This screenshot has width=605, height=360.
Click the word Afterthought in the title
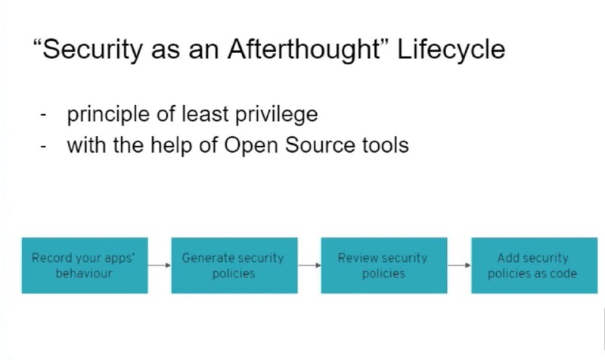click(x=304, y=50)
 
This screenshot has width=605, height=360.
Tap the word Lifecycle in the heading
click(x=451, y=50)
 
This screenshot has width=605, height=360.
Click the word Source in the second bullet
click(x=319, y=145)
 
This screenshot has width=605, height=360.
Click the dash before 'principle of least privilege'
click(x=43, y=115)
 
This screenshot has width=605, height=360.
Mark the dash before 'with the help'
click(x=43, y=146)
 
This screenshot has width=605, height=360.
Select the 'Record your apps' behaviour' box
click(x=85, y=265)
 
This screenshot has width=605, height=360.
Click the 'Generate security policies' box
click(x=234, y=265)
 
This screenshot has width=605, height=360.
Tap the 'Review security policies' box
click(x=384, y=265)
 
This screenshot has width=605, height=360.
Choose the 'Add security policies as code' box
click(x=535, y=265)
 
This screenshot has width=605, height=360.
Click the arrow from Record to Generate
click(x=160, y=265)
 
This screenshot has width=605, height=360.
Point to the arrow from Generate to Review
click(x=309, y=265)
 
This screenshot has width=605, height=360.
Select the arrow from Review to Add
click(x=459, y=265)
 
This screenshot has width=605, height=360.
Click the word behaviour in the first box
click(x=84, y=273)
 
